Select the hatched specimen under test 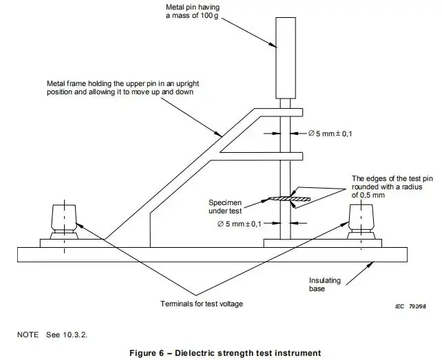pos(287,200)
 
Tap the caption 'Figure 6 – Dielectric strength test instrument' pos(220,353)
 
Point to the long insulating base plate pos(220,254)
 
